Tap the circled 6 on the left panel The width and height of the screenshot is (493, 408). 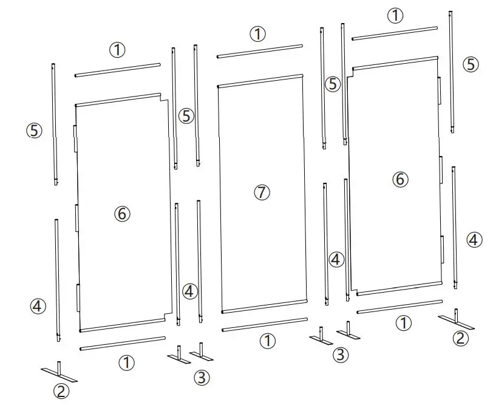122,214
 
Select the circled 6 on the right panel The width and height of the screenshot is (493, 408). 399,179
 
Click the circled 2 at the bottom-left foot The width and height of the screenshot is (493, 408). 62,392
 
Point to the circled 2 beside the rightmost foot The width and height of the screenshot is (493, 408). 461,339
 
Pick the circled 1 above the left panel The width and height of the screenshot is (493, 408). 117,50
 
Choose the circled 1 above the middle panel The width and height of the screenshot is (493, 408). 259,34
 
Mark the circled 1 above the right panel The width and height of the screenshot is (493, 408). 395,15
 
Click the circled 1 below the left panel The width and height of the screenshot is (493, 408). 126,363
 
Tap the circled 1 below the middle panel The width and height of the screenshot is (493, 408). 268,341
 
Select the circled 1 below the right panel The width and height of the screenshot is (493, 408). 403,323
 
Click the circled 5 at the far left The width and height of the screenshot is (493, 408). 34,130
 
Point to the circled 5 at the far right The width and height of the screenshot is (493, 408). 471,64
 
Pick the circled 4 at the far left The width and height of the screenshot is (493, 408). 38,306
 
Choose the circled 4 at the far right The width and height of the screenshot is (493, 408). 475,240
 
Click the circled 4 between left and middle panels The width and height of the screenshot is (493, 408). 190,291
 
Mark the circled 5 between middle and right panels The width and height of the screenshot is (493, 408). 333,85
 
